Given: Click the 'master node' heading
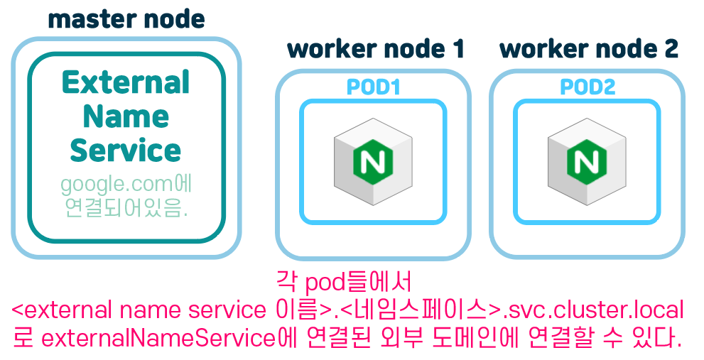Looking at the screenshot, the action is click(126, 19).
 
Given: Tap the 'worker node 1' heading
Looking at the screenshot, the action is click(375, 49).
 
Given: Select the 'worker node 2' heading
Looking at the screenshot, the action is click(589, 49).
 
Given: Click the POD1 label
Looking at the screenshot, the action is click(374, 87).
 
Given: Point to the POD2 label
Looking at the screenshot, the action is click(587, 87).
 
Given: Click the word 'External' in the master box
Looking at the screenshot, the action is click(126, 82).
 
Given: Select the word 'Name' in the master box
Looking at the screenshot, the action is click(126, 116).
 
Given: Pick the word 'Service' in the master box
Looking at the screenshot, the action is click(126, 151).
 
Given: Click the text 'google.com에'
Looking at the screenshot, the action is click(126, 185).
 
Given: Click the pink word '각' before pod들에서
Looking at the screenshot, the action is click(286, 283).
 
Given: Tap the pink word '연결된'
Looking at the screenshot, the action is click(342, 338).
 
